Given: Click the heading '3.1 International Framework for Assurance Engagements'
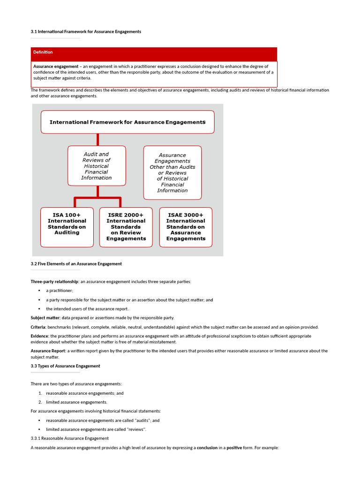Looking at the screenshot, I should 86,31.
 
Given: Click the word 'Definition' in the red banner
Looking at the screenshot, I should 43,52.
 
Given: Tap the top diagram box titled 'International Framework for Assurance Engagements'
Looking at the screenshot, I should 127,122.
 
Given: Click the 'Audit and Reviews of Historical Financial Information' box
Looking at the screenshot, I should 97,166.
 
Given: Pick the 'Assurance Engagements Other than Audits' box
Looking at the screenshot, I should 172,172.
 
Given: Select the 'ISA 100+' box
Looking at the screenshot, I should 67,227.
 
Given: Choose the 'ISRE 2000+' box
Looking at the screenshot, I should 126,227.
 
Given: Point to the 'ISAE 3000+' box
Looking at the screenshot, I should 186,227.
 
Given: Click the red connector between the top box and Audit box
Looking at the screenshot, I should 97,139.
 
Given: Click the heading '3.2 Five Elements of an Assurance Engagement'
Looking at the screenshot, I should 76,264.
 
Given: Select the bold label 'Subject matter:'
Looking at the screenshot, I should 46,318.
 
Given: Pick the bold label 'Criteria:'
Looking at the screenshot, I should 38,327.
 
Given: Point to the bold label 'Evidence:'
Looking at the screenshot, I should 40,336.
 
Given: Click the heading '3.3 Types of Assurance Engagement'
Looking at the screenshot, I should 65,366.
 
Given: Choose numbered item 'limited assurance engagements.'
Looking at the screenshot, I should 76,402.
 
